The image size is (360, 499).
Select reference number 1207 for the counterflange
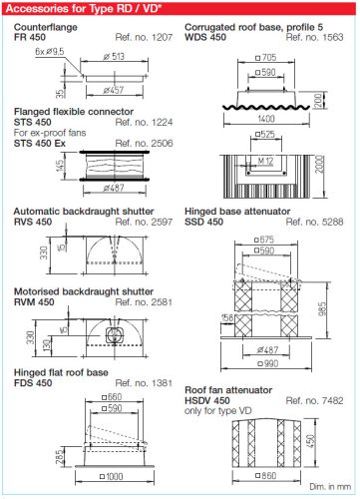pyautogui.click(x=144, y=37)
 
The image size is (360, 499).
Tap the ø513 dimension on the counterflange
pyautogui.click(x=114, y=56)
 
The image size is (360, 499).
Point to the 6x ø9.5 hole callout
pyautogui.click(x=50, y=52)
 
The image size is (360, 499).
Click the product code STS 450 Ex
pyautogui.click(x=40, y=144)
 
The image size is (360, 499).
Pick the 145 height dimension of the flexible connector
pyautogui.click(x=60, y=166)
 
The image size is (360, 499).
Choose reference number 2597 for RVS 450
pyautogui.click(x=144, y=222)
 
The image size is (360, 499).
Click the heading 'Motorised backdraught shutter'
pyautogui.click(x=84, y=291)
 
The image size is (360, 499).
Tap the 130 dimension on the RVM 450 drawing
pyautogui.click(x=48, y=345)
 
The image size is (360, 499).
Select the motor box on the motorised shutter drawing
pyautogui.click(x=115, y=335)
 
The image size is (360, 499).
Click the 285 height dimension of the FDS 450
pyautogui.click(x=60, y=457)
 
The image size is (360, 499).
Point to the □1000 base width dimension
pyautogui.click(x=112, y=477)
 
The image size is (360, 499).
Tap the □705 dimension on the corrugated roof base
pyautogui.click(x=265, y=58)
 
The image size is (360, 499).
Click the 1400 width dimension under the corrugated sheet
pyautogui.click(x=266, y=119)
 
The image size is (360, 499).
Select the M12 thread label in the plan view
pyautogui.click(x=265, y=162)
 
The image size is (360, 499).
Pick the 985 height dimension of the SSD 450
pyautogui.click(x=322, y=309)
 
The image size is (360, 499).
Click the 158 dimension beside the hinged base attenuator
pyautogui.click(x=227, y=317)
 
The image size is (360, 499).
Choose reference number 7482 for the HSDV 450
pyautogui.click(x=314, y=400)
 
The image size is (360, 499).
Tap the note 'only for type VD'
pyautogui.click(x=218, y=411)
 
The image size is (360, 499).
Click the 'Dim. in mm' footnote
pyautogui.click(x=330, y=487)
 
